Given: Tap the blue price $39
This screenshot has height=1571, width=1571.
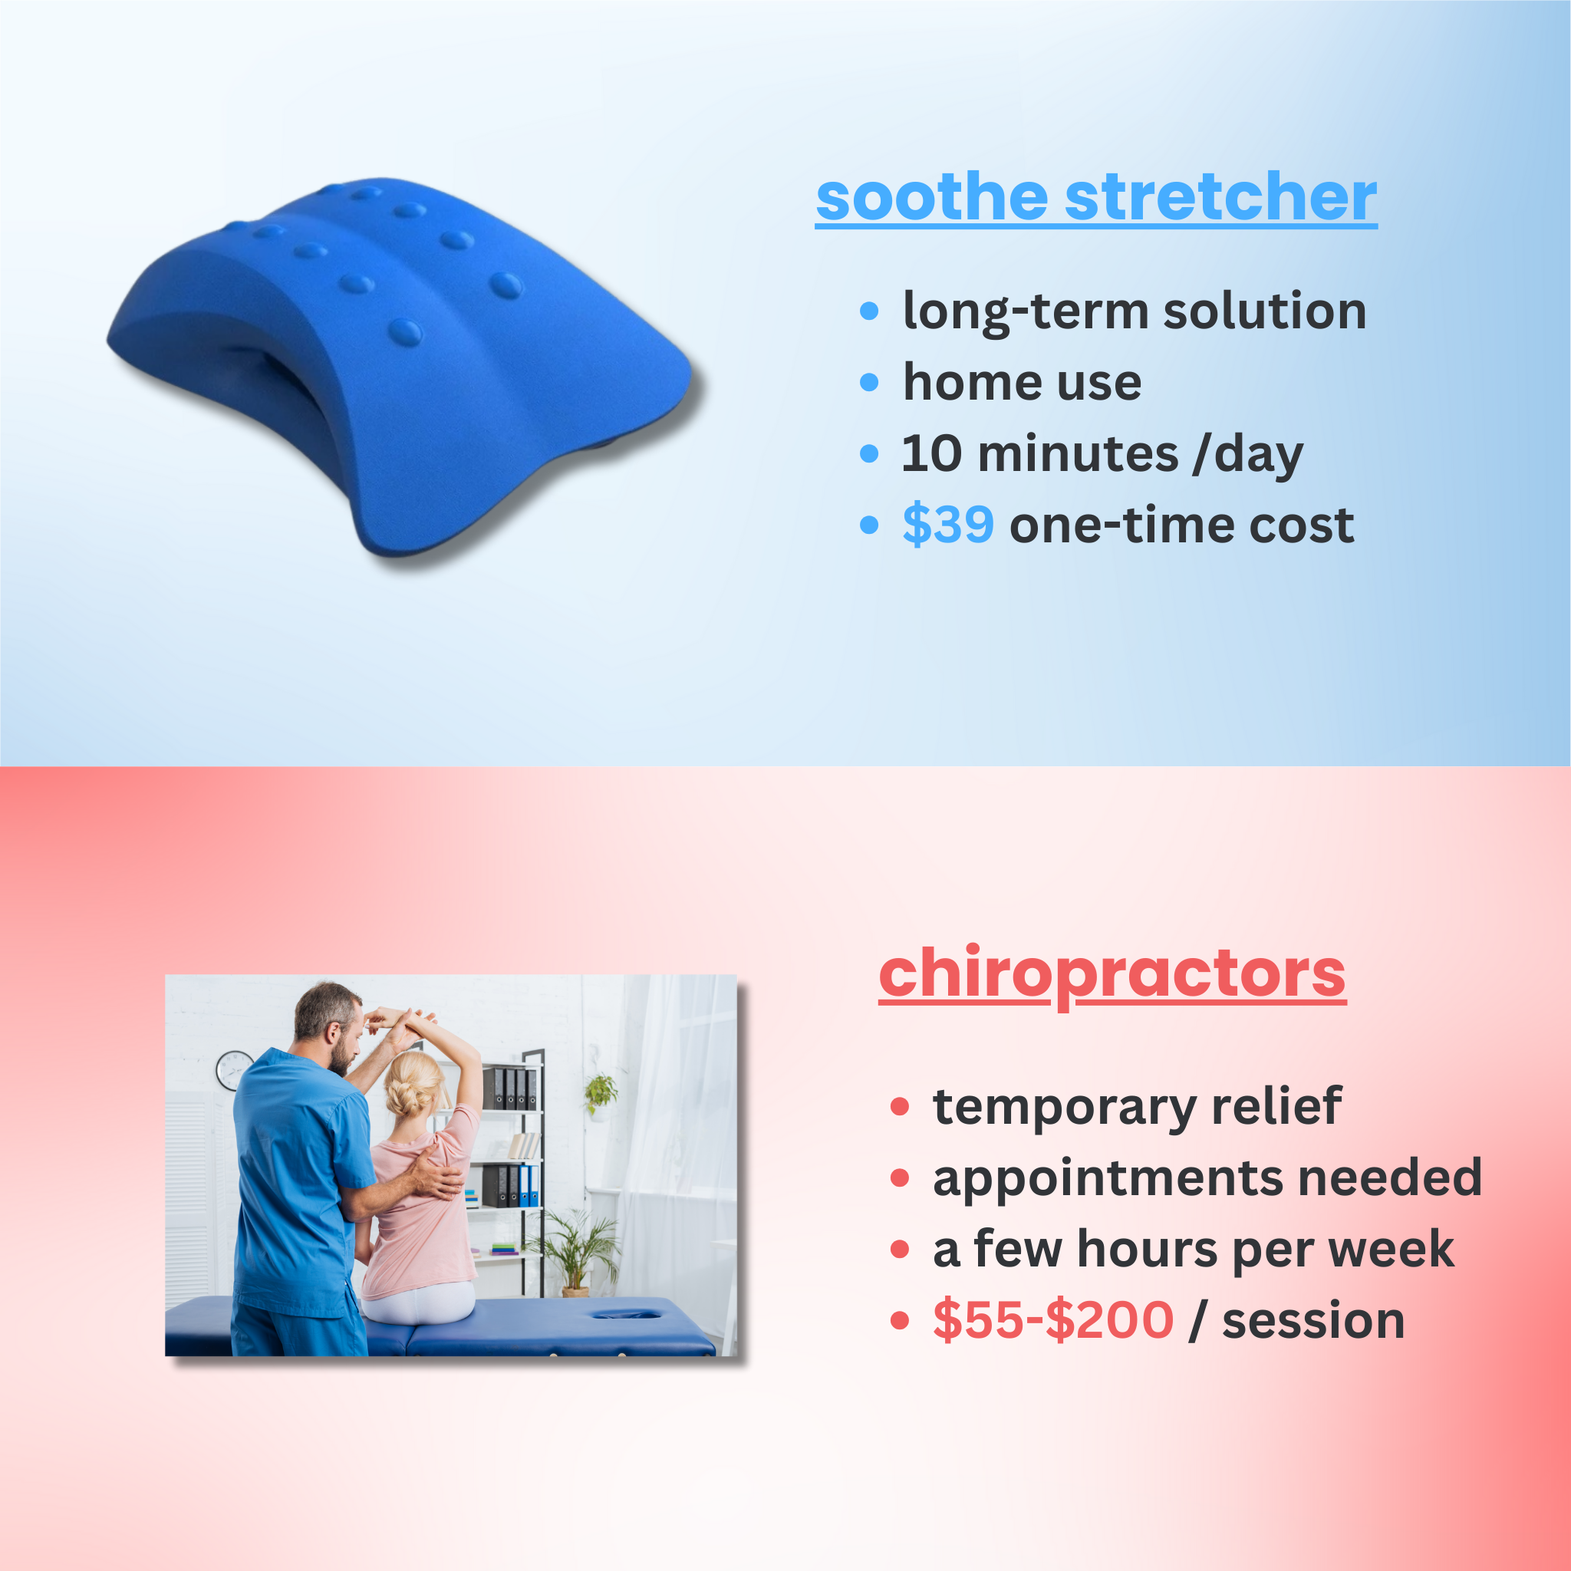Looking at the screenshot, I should click(x=948, y=525).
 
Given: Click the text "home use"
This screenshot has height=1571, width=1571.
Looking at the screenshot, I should click(x=1022, y=382).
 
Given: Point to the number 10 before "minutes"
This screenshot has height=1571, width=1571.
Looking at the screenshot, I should click(x=932, y=454).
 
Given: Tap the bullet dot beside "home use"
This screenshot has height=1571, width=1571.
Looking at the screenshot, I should click(x=869, y=382).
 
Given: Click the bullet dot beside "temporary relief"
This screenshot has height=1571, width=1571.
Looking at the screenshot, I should click(x=899, y=1107).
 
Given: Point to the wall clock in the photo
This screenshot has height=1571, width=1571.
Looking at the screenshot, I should click(x=234, y=1070).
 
